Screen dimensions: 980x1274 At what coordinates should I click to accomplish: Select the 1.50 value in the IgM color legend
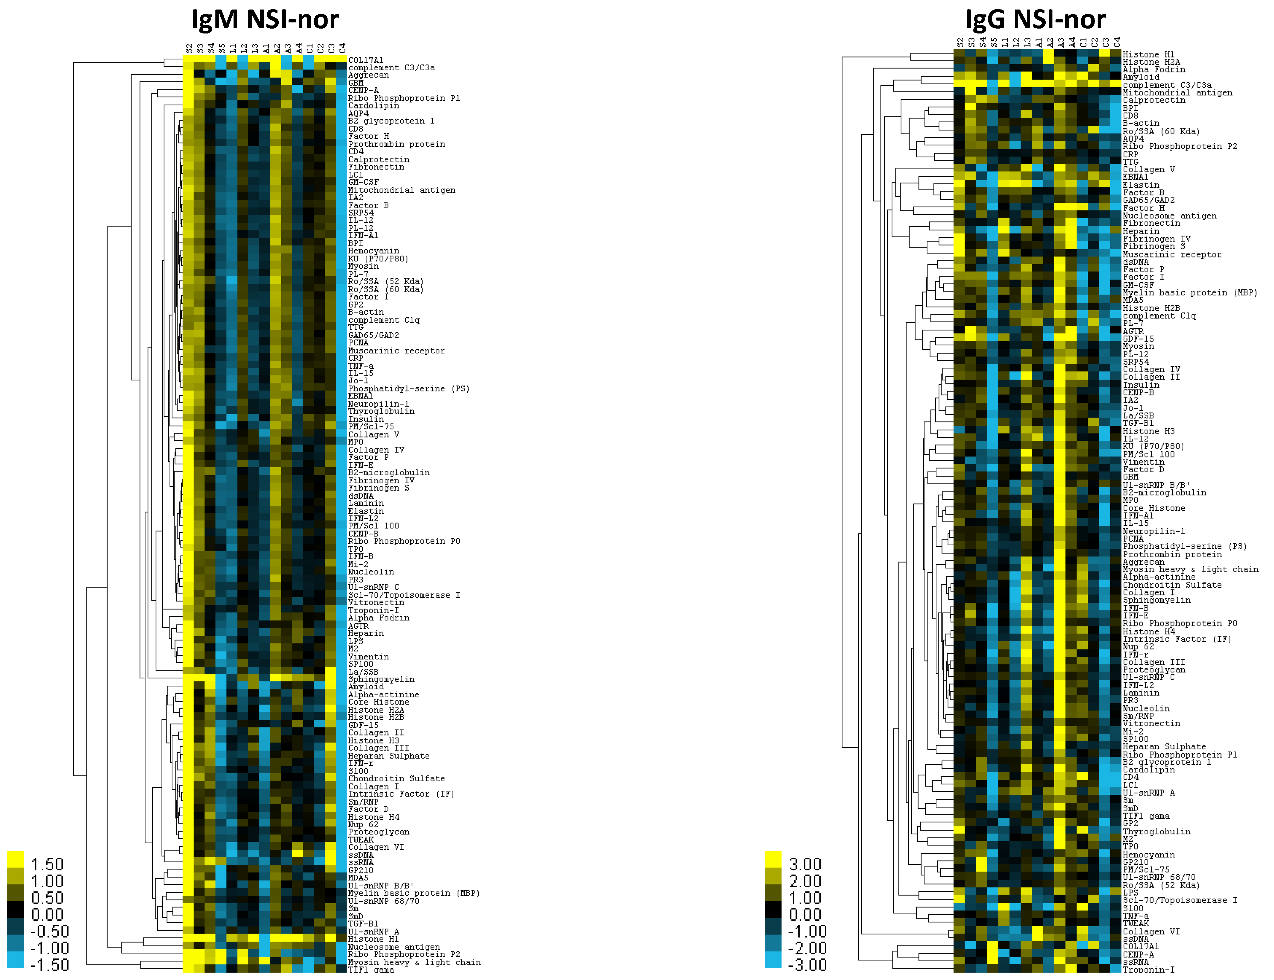[47, 864]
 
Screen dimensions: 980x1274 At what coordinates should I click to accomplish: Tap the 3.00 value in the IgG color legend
[805, 864]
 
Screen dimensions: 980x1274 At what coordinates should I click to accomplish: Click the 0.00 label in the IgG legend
[805, 914]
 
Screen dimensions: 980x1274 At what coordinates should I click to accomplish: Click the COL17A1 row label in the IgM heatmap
[366, 60]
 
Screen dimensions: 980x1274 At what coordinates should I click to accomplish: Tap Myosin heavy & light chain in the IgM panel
[414, 962]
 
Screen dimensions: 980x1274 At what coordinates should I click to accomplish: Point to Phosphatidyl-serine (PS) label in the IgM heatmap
[408, 389]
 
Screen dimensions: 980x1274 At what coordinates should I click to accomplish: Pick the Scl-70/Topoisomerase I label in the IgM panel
[404, 595]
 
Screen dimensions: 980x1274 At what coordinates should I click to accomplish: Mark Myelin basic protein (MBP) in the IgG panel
[1190, 293]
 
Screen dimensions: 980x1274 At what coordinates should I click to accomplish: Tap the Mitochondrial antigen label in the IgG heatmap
[1177, 93]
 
